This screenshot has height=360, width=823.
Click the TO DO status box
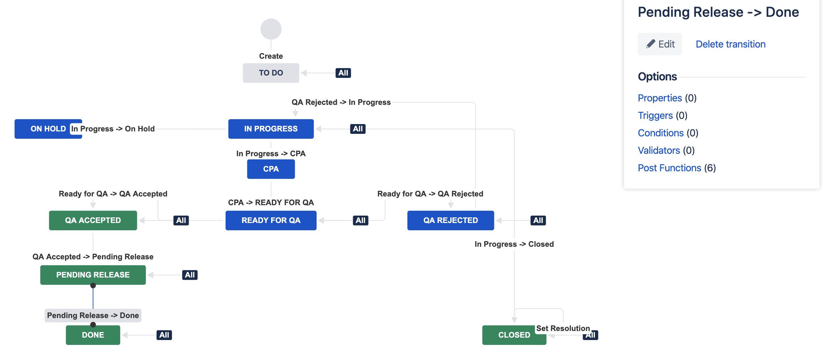coord(271,73)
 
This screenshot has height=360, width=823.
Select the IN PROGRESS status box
coord(271,129)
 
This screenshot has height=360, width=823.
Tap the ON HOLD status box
coord(48,129)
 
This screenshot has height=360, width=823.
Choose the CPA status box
coord(271,169)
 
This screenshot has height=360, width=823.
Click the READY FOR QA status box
coord(271,221)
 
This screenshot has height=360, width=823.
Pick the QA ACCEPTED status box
coord(93,221)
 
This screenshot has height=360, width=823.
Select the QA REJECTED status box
coord(451,221)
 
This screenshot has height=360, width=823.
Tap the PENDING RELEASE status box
coord(93,275)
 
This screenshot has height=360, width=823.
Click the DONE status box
coord(93,335)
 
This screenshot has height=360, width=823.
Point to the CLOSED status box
coord(514,335)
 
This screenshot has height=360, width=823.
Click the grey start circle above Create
coord(271,29)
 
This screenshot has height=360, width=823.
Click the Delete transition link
coord(730,44)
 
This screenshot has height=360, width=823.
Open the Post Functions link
coord(669,168)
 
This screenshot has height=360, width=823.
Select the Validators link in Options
coord(659,151)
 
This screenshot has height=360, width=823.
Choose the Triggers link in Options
coord(655,116)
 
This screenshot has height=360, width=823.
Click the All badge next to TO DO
coord(343,73)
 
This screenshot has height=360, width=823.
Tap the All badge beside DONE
coord(164,335)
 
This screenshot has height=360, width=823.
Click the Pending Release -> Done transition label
coord(93,316)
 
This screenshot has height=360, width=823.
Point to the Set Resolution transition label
coord(563,329)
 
